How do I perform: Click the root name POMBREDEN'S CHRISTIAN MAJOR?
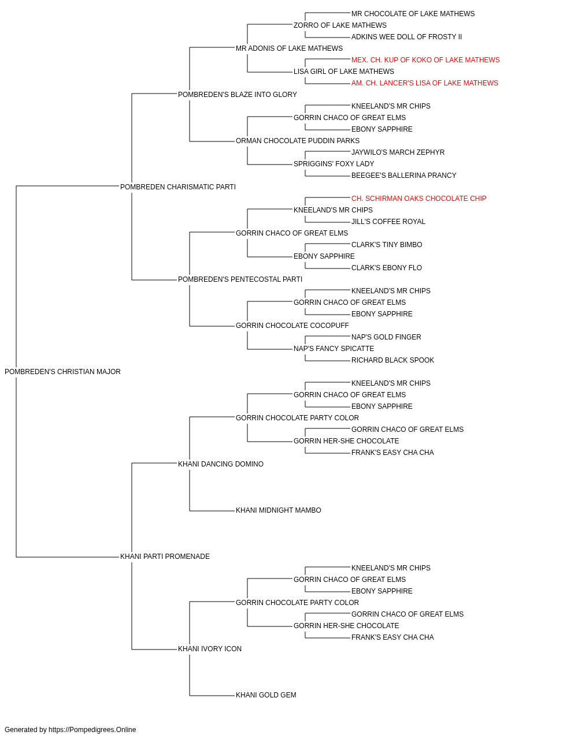point(62,372)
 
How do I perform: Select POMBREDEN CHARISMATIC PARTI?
point(177,187)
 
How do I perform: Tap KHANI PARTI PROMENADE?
point(165,557)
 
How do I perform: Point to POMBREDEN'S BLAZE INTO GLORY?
point(237,95)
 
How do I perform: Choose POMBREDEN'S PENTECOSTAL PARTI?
point(240,279)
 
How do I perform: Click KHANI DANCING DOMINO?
point(221,464)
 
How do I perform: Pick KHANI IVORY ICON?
point(210,649)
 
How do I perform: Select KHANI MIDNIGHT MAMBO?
point(279,510)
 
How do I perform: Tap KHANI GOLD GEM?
point(266,695)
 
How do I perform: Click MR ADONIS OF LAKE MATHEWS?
point(290,48)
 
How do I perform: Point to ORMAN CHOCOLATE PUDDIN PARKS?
point(298,141)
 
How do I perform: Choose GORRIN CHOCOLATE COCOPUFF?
point(292,326)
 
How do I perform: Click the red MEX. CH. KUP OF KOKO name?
point(425,60)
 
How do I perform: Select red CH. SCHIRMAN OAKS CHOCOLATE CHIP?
point(418,199)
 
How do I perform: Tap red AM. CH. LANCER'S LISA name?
point(424,83)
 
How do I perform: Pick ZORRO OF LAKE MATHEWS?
point(340,25)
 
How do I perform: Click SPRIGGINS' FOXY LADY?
point(334,164)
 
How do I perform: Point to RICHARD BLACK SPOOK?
point(392,360)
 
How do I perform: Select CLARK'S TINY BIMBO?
point(387,245)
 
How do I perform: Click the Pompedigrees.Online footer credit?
point(70,730)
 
